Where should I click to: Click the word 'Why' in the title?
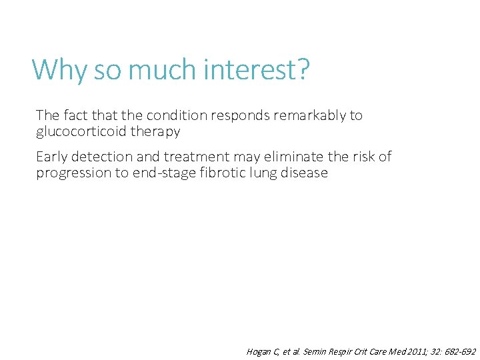pos(60,69)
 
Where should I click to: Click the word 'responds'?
pos(239,115)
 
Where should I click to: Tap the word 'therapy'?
pos(155,131)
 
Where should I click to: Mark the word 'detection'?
pos(101,157)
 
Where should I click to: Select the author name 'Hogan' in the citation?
pos(259,351)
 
